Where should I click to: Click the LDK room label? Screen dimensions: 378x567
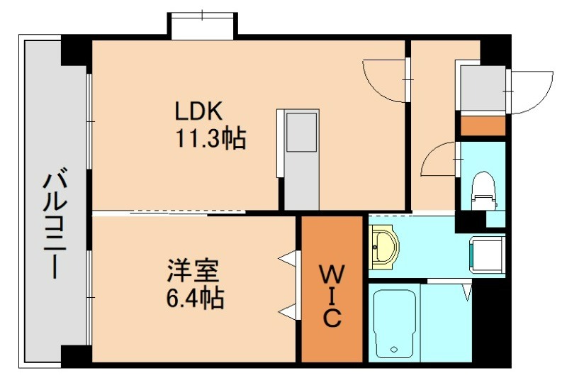(200, 111)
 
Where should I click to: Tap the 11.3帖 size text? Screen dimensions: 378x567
(210, 138)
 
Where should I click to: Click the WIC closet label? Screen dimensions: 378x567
(331, 295)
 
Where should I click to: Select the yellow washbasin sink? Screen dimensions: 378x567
(385, 245)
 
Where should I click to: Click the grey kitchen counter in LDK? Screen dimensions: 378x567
(301, 159)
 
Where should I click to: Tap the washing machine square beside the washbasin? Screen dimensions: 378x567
(486, 251)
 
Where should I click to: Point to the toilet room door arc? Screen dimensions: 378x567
(439, 160)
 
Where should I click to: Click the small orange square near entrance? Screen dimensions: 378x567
(483, 125)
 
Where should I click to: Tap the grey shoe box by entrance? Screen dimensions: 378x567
(482, 89)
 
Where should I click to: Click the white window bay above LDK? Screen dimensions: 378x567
(202, 23)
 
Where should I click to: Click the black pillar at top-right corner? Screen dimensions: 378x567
(495, 49)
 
